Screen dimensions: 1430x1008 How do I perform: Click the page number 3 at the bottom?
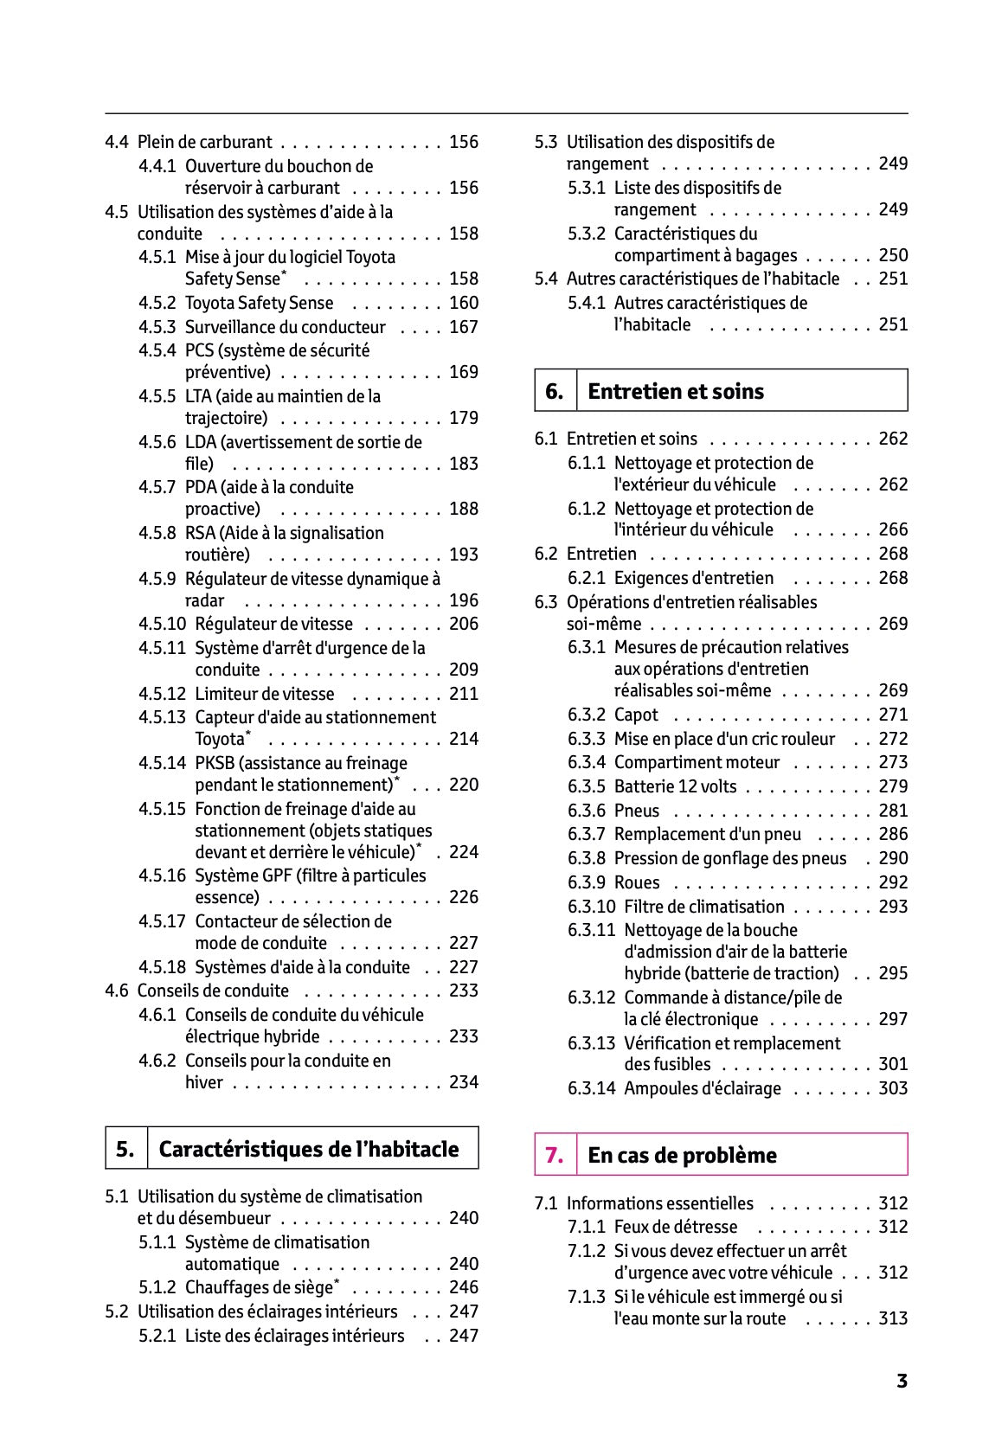pos(902,1381)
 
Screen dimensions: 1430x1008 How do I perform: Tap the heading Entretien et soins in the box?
pos(676,391)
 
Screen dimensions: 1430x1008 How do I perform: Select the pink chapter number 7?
pos(555,1155)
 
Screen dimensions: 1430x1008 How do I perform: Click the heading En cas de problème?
pos(682,1155)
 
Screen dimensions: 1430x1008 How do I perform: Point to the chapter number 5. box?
pos(125,1149)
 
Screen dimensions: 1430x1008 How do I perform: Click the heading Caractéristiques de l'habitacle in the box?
pos(309,1149)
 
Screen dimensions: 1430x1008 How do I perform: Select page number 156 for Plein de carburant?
pos(464,142)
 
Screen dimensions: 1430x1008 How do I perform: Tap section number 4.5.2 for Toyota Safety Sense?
pos(157,303)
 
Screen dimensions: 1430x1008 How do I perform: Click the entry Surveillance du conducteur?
pos(285,327)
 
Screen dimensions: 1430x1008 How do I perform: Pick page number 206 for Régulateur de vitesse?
pos(464,624)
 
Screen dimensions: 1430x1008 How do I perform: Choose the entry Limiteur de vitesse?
pos(264,694)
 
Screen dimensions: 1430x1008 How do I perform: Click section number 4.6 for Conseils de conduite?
pos(117,991)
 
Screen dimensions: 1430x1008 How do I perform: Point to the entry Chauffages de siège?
pos(262,1287)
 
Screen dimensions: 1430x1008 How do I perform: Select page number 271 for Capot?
pos(893,715)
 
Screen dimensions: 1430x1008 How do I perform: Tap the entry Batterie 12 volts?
pos(675,786)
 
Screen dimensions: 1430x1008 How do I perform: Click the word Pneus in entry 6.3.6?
pos(636,811)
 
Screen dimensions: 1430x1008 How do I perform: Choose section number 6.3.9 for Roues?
pos(587,882)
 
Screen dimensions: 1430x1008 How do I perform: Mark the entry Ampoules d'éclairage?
pos(702,1088)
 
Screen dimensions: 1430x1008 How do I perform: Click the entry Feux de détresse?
pos(675,1227)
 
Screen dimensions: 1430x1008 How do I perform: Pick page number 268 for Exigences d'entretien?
pos(893,578)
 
